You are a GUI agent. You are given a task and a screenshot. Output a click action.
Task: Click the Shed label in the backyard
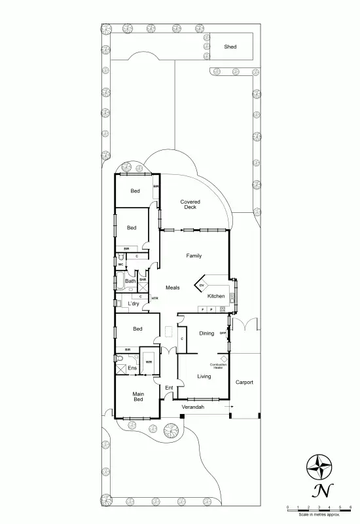point(230,47)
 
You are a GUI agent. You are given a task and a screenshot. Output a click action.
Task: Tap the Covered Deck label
point(190,204)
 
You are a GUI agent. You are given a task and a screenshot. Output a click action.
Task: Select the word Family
point(194,255)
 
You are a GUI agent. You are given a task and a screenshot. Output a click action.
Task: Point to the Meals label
point(172,288)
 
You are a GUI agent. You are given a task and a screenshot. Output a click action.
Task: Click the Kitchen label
point(216,296)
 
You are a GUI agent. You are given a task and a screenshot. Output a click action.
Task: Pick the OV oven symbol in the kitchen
point(202,285)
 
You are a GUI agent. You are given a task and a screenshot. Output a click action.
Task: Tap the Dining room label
point(207,333)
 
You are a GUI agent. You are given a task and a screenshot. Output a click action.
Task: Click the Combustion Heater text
point(217,365)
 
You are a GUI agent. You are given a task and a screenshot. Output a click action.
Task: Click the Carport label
point(244,382)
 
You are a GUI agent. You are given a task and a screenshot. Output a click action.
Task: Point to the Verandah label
point(194,407)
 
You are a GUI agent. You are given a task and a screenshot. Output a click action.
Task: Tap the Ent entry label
point(169,388)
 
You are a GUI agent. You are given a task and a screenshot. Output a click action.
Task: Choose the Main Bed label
point(138,397)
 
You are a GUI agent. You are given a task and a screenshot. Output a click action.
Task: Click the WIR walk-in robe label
point(149,362)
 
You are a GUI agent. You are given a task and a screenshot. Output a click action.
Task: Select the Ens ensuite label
point(132,368)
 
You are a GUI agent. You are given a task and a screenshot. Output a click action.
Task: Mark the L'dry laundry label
point(133,303)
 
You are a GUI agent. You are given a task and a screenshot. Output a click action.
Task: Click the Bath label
point(130,281)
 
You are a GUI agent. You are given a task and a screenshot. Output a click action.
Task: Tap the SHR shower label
point(142,280)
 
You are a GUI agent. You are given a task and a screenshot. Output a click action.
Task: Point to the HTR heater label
point(154,299)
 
